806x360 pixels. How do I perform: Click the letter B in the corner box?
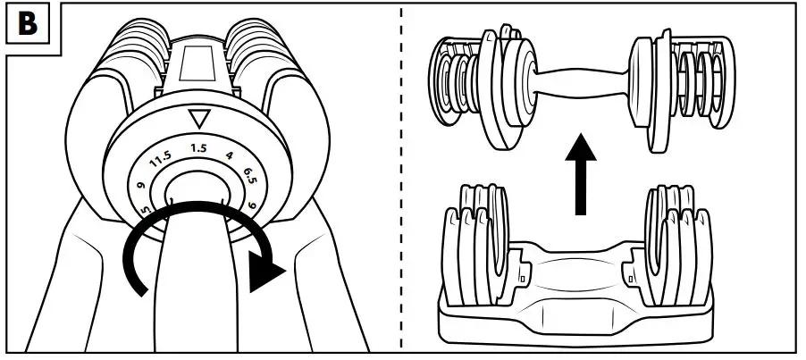coord(28,24)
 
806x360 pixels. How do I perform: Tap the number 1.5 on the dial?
coord(198,147)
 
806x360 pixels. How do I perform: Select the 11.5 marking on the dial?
coord(161,161)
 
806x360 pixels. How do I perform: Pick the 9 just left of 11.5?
coord(141,186)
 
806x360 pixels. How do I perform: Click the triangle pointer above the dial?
coord(197,118)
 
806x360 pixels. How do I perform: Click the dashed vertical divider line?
coord(401,179)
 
